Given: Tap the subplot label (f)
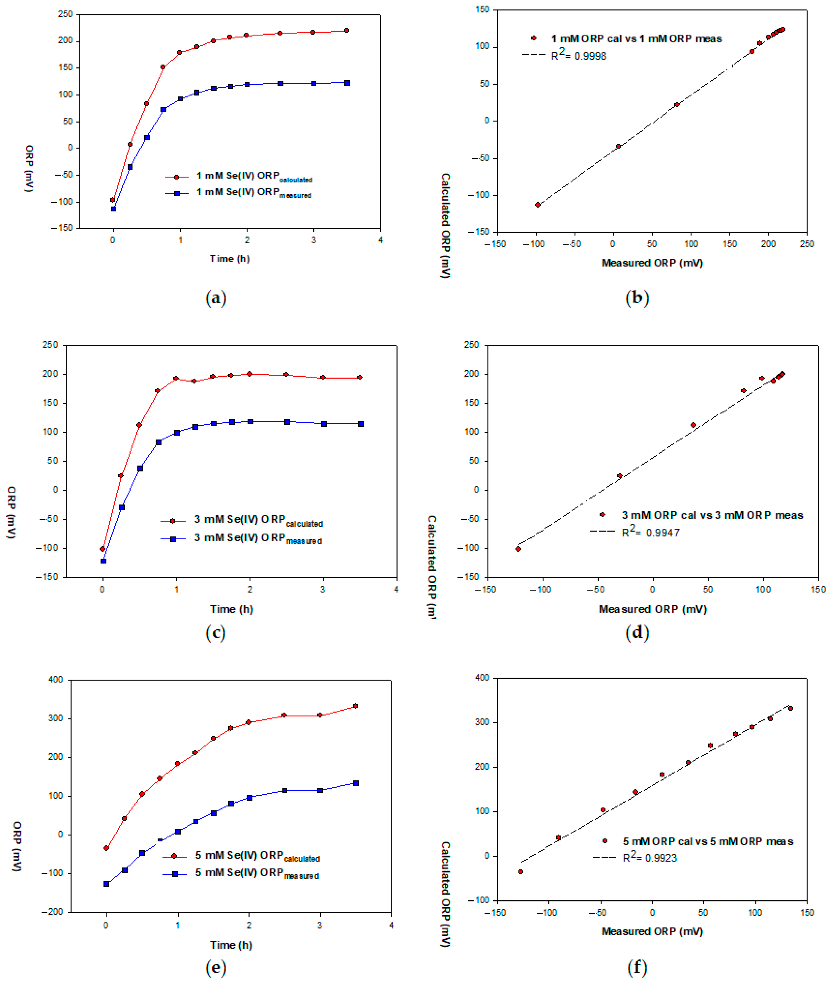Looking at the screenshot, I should [637, 967].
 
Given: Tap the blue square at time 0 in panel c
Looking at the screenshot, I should [103, 561].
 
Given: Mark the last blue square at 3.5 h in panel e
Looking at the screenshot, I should [356, 783].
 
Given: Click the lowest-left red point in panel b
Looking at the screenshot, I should [537, 205].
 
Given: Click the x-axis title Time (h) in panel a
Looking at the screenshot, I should [229, 258].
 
